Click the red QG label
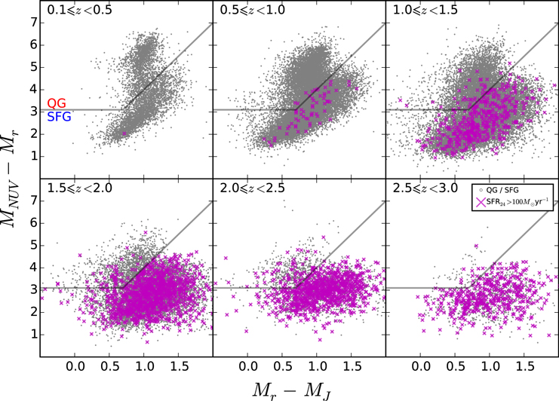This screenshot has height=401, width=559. pyautogui.click(x=56, y=103)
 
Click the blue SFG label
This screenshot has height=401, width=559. pyautogui.click(x=59, y=117)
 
